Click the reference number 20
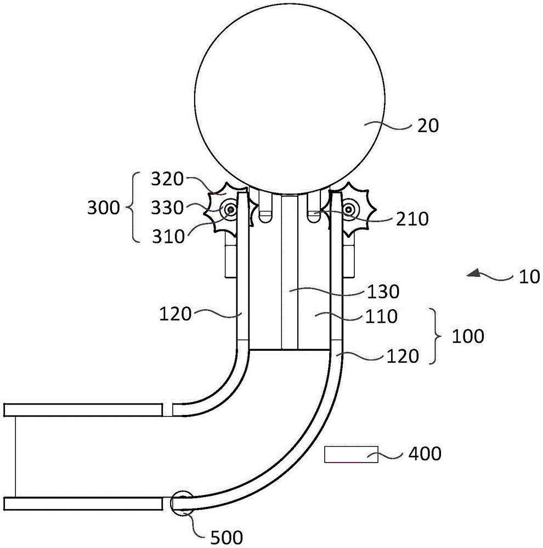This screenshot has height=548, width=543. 428,125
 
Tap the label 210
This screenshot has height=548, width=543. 412,219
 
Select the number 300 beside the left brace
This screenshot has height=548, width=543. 104,208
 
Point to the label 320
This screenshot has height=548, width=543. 167,179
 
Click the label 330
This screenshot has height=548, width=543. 167,208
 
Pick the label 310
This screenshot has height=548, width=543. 168,237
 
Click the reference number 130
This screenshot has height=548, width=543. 383,292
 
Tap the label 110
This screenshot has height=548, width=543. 381,316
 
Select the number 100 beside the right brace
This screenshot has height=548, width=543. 468,336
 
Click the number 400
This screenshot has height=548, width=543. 425,454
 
